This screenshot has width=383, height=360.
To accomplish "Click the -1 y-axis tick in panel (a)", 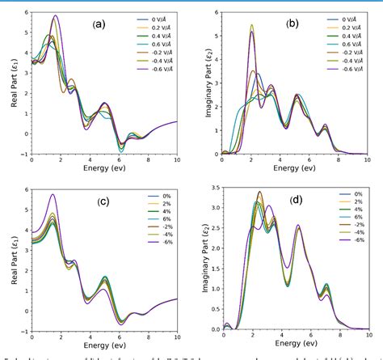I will (25, 154).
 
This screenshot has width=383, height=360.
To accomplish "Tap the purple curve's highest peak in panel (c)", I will (53, 194).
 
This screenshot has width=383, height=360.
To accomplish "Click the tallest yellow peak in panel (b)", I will (251, 25).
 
